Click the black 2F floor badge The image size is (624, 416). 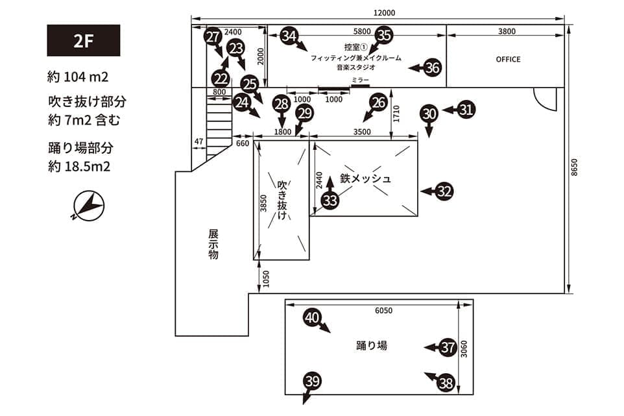click(84, 40)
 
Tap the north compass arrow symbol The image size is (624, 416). click(88, 206)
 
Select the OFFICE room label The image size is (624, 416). click(508, 59)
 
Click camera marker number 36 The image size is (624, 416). click(433, 66)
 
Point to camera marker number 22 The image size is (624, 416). click(221, 79)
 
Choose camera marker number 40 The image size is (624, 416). click(313, 317)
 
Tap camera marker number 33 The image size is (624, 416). click(330, 201)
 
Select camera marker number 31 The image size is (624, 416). click(466, 110)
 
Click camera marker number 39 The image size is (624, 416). click(312, 381)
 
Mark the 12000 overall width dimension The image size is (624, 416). click(384, 13)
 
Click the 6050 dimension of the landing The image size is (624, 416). click(383, 310)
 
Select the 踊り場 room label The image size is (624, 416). click(372, 345)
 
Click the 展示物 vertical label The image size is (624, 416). click(213, 244)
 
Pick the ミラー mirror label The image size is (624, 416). click(360, 79)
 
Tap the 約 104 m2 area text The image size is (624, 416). click(78, 77)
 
